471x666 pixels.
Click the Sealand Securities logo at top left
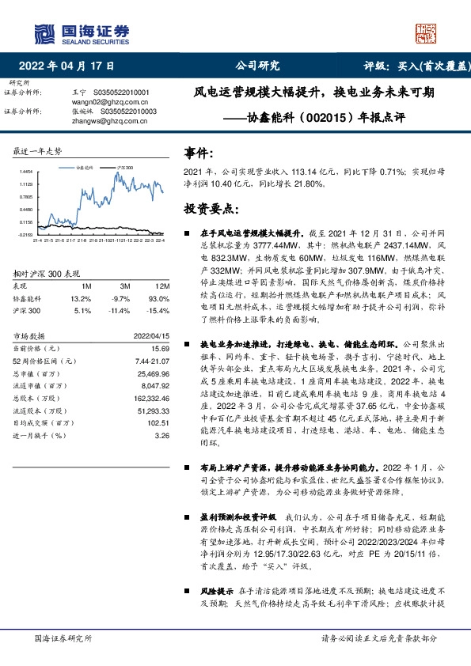tap(79, 32)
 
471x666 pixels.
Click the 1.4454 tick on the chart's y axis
tap(26, 171)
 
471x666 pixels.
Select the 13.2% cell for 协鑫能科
tap(81, 298)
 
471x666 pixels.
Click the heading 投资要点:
tap(210, 209)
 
